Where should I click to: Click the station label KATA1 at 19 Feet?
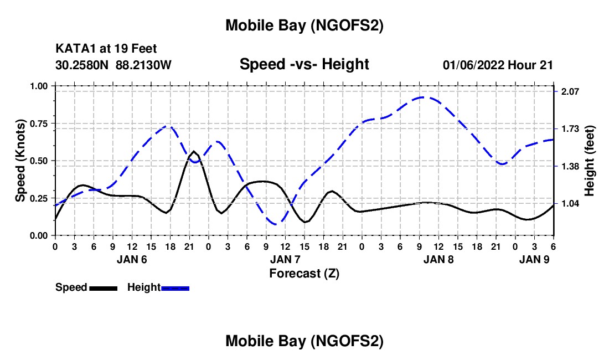(x=110, y=49)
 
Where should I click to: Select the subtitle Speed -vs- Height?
(x=304, y=64)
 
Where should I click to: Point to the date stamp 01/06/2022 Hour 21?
(x=498, y=65)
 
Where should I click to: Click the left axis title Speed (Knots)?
(x=20, y=161)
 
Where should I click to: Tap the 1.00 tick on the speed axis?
(x=39, y=86)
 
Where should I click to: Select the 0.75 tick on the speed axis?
(x=39, y=124)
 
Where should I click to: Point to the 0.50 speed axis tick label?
(x=39, y=161)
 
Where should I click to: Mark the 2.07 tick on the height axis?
(x=571, y=91)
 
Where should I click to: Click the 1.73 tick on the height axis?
(x=571, y=129)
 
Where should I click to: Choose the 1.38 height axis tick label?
(x=571, y=166)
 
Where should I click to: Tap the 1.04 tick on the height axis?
(x=571, y=204)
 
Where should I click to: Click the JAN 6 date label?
(x=132, y=259)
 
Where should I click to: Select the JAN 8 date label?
(x=438, y=259)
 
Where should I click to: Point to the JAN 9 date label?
(x=535, y=259)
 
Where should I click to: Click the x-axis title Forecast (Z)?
(x=304, y=273)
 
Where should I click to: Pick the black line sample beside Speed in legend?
(x=103, y=287)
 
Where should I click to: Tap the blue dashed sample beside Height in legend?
(x=175, y=287)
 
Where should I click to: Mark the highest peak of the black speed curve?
(x=194, y=151)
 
